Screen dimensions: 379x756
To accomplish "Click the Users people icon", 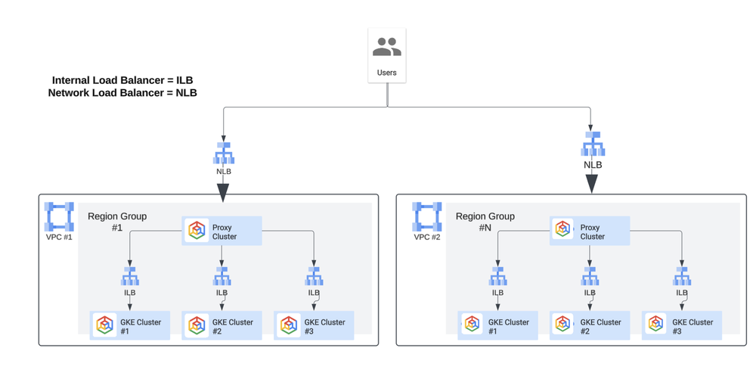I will tap(386, 48).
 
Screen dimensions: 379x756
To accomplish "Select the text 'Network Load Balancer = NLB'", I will tap(122, 93).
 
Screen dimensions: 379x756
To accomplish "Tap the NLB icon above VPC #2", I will tap(592, 144).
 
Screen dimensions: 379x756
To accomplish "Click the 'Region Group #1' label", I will tap(117, 222).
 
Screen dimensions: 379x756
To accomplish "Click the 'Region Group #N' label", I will tap(485, 222).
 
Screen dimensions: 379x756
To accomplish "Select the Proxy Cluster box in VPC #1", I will tap(222, 231).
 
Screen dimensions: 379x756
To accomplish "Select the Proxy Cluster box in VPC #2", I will tap(590, 231).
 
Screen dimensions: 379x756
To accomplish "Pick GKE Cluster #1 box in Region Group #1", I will tap(130, 326).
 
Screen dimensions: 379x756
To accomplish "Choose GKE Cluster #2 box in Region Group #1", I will tap(222, 326).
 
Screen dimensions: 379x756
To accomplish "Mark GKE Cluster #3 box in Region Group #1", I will tap(314, 326).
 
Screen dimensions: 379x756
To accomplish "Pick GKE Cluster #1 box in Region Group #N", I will tap(498, 326).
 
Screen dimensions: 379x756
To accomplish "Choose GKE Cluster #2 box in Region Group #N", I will tap(590, 326).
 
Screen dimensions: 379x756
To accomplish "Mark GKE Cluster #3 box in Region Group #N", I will tap(682, 326).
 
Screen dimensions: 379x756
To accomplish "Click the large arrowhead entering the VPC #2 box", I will tap(592, 184).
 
